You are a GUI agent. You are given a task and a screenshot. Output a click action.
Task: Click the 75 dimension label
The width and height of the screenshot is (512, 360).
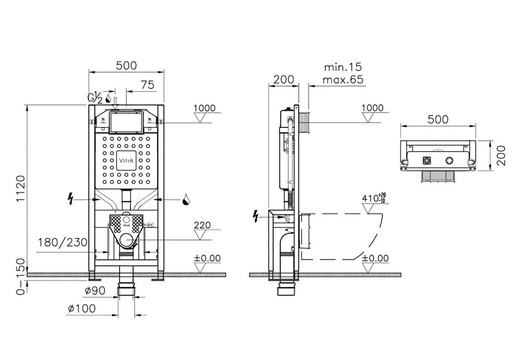[148, 84]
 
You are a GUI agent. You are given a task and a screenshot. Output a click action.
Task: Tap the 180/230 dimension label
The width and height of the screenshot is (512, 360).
[63, 242]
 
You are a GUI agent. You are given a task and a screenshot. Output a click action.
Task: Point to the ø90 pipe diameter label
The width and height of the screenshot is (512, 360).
[95, 291]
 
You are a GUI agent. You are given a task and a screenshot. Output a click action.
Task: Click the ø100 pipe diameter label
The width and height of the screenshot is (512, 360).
[82, 308]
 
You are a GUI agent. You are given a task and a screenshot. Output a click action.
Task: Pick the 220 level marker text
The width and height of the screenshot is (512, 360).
[202, 225]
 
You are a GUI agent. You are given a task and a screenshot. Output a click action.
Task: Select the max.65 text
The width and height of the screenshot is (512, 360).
[343, 79]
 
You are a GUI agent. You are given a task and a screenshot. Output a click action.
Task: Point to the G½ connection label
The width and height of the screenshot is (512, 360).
[95, 98]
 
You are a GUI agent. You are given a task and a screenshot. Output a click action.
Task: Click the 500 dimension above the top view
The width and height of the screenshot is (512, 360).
[438, 119]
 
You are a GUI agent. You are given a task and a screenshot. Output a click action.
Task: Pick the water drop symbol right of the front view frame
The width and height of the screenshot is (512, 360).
[186, 199]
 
